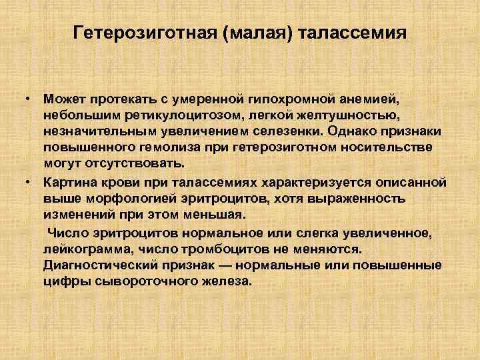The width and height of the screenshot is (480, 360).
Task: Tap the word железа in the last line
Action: pos(223,281)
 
